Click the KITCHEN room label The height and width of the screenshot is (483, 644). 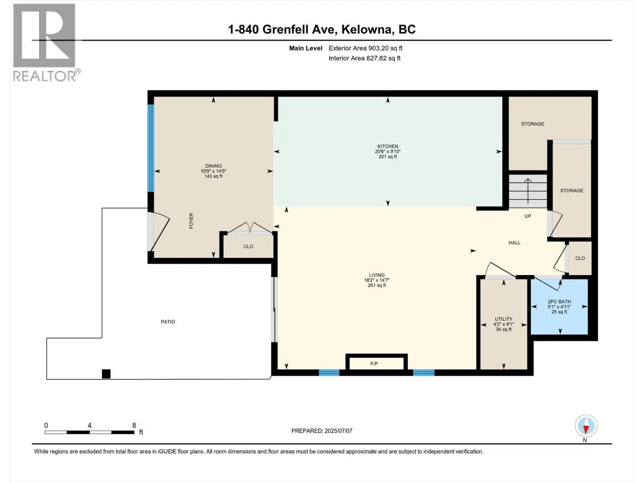click(388, 147)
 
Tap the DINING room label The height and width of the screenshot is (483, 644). click(213, 166)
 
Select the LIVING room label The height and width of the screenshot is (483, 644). click(377, 275)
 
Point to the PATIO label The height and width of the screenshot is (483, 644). click(168, 322)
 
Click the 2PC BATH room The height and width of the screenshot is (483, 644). click(559, 306)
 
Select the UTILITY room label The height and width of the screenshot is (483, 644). click(504, 319)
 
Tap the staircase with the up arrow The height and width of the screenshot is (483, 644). click(528, 191)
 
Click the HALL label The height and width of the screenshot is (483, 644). click(514, 243)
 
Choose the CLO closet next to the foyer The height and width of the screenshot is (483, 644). click(248, 246)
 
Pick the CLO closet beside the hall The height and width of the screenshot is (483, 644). click(580, 258)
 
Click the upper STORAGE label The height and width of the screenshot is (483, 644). click(533, 124)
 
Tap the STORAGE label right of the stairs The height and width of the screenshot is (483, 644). click(572, 190)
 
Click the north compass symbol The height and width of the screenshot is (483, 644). click(586, 426)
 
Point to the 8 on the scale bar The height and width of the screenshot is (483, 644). click(134, 425)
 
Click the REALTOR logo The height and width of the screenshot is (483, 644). click(44, 42)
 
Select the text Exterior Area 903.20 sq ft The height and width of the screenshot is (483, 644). click(365, 48)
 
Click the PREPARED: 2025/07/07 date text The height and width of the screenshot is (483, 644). click(322, 431)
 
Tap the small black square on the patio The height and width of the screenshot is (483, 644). click(106, 374)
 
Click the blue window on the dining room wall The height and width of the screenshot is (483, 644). click(151, 148)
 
